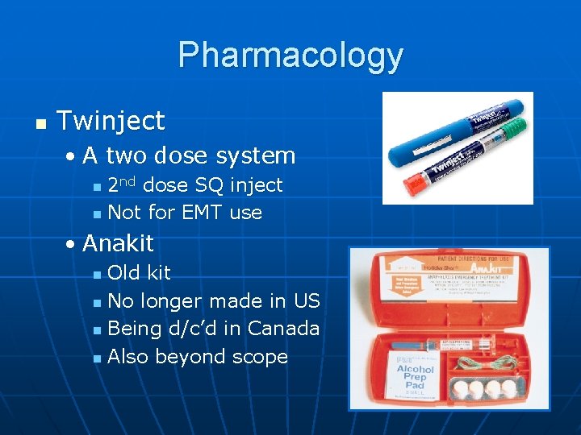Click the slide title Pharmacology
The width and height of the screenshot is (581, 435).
290,55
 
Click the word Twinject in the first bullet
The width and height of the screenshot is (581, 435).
111,121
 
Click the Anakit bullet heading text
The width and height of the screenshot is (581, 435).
118,242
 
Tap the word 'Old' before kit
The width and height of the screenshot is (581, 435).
123,272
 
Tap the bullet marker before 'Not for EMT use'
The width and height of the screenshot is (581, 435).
97,214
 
